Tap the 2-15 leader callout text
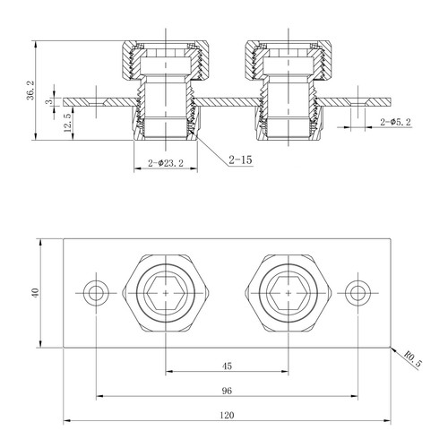tap(239, 161)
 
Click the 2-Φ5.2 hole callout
tap(395, 121)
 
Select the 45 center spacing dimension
tap(227, 365)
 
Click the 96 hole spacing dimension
tap(227, 390)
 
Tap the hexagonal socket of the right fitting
tap(287, 292)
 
